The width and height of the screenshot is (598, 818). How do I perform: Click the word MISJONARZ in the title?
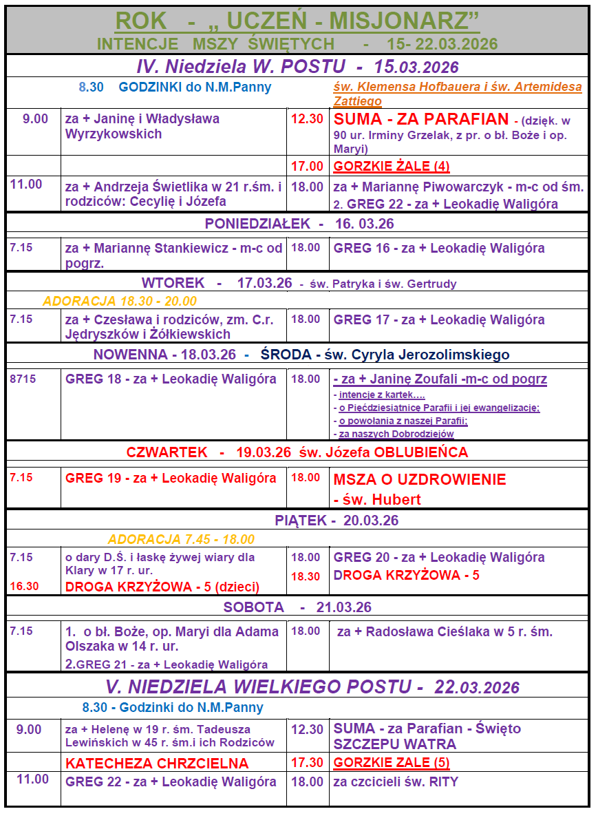pyautogui.click(x=405, y=21)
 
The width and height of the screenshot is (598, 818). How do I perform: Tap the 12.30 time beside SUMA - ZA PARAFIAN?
pyautogui.click(x=307, y=118)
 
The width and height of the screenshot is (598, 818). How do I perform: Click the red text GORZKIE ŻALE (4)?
pyautogui.click(x=392, y=166)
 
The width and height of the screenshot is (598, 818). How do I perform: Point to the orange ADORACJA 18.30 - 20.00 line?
pyautogui.click(x=120, y=301)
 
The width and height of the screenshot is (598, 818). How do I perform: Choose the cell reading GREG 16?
pyautogui.click(x=439, y=248)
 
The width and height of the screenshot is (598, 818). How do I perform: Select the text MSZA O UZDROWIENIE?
pyautogui.click(x=419, y=479)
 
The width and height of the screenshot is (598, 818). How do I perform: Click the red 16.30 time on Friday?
pyautogui.click(x=24, y=586)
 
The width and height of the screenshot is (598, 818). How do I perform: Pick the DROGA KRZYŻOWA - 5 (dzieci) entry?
pyautogui.click(x=162, y=587)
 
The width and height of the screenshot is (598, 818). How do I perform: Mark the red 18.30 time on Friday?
pyautogui.click(x=306, y=576)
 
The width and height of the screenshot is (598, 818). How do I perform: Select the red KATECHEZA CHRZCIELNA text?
pyautogui.click(x=157, y=763)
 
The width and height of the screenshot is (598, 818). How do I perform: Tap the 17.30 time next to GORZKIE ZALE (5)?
pyautogui.click(x=307, y=763)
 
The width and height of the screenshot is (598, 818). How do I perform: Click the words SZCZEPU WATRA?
pyautogui.click(x=394, y=744)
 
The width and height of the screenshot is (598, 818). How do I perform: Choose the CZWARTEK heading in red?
pyautogui.click(x=167, y=452)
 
